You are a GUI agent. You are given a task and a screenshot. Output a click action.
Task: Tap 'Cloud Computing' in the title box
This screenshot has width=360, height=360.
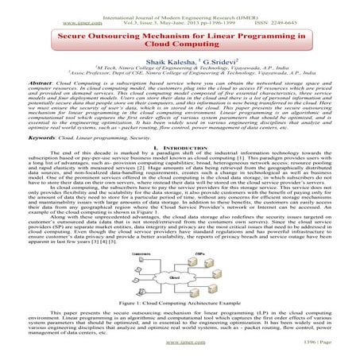click(179, 48)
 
